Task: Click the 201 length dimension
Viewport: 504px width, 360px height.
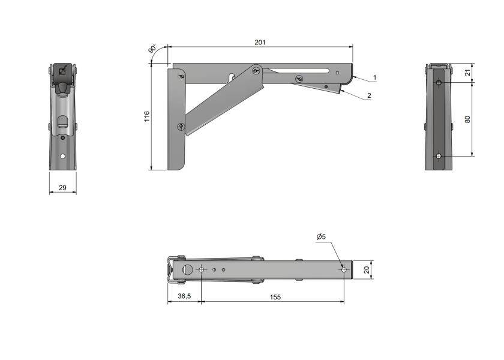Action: (259, 43)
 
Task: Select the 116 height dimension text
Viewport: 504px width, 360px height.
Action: (147, 116)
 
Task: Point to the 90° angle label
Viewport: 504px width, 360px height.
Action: (152, 49)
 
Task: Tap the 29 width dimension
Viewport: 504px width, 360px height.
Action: (62, 188)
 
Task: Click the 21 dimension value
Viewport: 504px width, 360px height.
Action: (468, 73)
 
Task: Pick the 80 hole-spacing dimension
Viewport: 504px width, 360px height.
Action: (468, 119)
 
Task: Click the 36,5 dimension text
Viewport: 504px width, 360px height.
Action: (184, 296)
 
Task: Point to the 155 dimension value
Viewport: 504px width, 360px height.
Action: (274, 296)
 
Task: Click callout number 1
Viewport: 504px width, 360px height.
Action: (374, 77)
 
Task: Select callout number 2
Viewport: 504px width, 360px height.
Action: (369, 95)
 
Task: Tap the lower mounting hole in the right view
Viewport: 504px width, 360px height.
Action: (439, 157)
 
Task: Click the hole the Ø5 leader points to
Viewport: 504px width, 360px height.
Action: (343, 270)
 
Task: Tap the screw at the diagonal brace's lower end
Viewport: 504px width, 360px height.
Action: (181, 126)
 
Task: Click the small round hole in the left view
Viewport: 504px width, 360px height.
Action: (62, 156)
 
